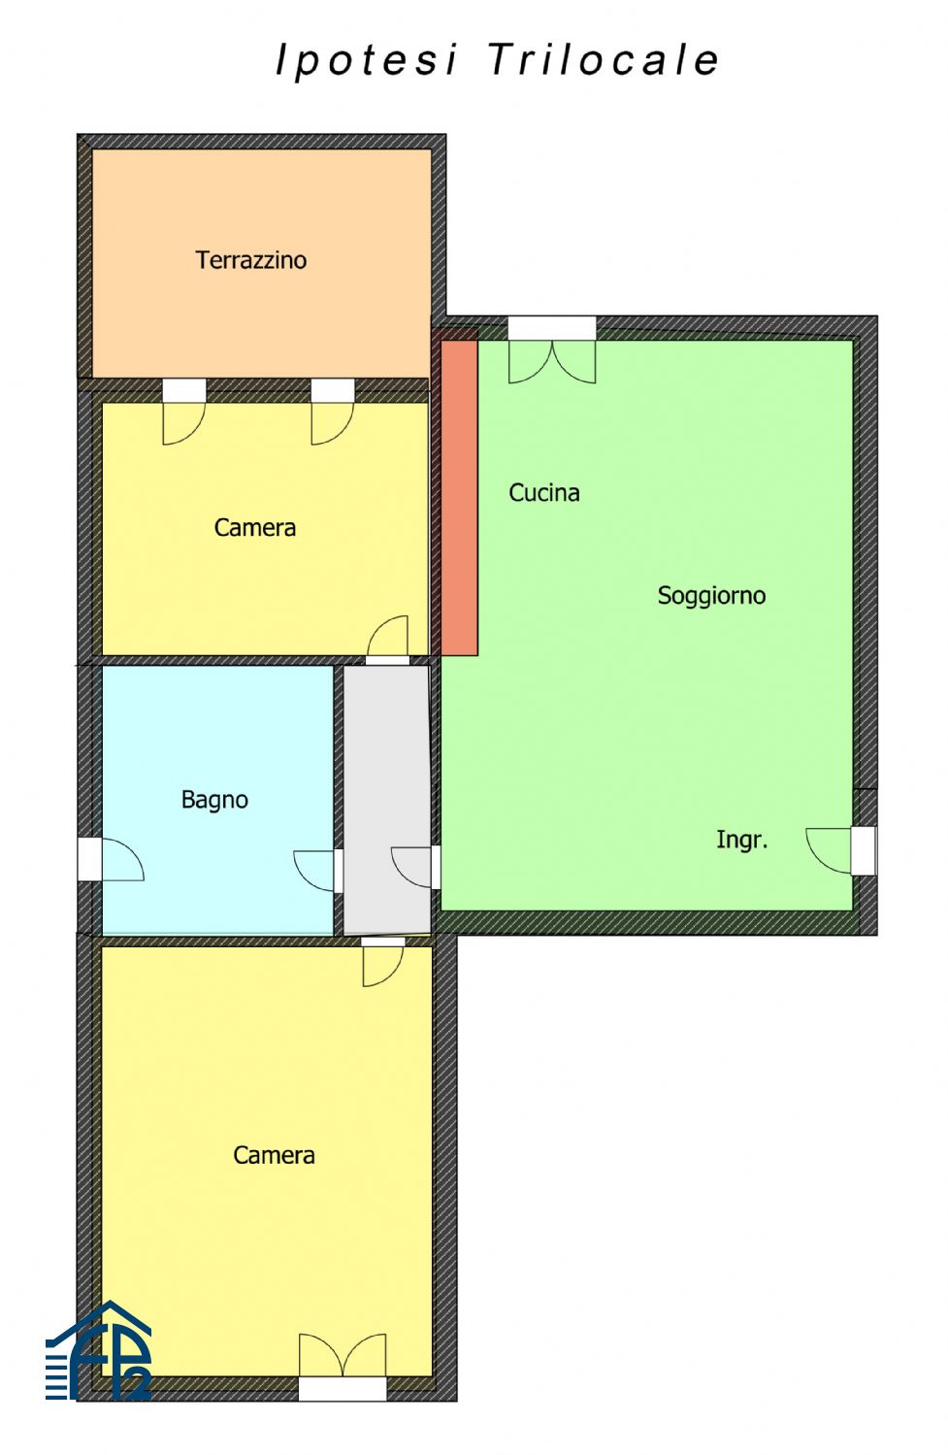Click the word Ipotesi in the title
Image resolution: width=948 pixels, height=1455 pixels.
(366, 61)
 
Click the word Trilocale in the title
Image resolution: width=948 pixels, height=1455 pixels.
(604, 60)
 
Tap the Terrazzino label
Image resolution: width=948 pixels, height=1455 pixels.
(250, 260)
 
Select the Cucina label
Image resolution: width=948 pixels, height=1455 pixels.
(544, 493)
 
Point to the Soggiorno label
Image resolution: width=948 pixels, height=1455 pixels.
(711, 595)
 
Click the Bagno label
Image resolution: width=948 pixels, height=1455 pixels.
(214, 800)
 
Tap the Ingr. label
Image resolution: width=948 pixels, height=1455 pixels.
(742, 840)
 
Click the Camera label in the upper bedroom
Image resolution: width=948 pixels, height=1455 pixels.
(254, 527)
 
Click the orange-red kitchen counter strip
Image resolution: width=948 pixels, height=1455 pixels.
(459, 497)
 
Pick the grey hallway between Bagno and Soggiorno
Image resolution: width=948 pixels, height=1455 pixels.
(386, 800)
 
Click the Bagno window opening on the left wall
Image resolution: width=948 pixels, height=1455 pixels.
(89, 859)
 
